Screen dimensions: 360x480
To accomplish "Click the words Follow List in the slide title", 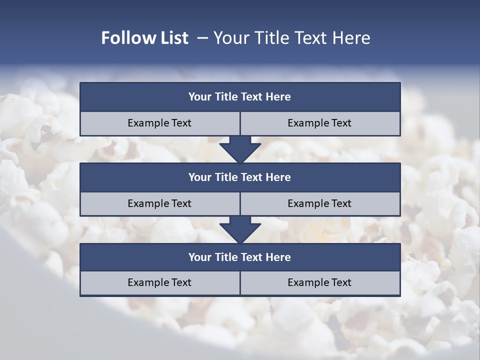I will pyautogui.click(x=144, y=38).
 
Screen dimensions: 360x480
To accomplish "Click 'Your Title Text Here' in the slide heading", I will pyautogui.click(x=291, y=38).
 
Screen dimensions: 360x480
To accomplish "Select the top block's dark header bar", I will pyautogui.click(x=240, y=97).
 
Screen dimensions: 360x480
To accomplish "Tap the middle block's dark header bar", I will pyautogui.click(x=240, y=177).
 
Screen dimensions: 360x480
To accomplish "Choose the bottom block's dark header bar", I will pyautogui.click(x=240, y=257).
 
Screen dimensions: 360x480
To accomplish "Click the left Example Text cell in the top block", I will pyautogui.click(x=159, y=123).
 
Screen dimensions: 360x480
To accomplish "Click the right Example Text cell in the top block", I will pyautogui.click(x=319, y=123).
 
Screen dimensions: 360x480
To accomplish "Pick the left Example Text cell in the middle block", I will pyautogui.click(x=159, y=203).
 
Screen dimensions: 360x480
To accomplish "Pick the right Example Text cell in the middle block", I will pyautogui.click(x=319, y=203).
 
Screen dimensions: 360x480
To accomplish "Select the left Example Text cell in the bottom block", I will pyautogui.click(x=159, y=282).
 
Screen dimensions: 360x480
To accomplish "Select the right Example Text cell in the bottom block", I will pyautogui.click(x=319, y=282).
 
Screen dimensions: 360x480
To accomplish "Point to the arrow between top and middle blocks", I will pyautogui.click(x=240, y=149).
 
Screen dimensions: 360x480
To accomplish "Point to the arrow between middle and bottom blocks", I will pyautogui.click(x=240, y=229).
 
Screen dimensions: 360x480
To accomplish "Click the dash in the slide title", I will pyautogui.click(x=202, y=38).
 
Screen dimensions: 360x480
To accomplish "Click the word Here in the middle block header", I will pyautogui.click(x=278, y=177).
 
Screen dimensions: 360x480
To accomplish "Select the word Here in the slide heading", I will pyautogui.click(x=352, y=38).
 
